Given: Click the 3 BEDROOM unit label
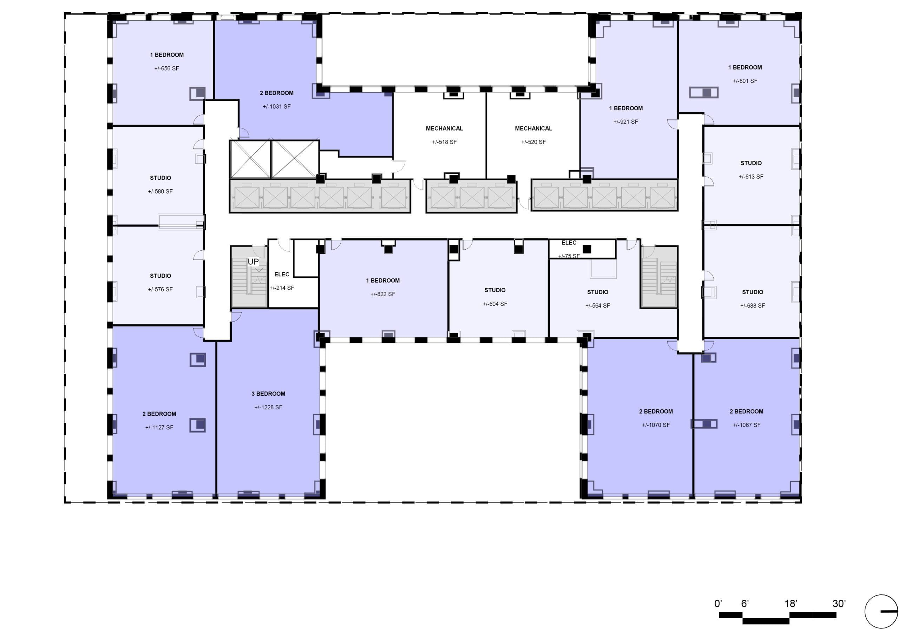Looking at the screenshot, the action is click(x=268, y=394).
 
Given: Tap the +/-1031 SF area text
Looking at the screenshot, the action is click(x=276, y=106).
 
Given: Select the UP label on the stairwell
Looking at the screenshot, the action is click(x=253, y=261).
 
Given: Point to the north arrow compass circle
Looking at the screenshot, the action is click(x=881, y=611).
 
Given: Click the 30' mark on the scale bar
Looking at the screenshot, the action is click(x=839, y=604).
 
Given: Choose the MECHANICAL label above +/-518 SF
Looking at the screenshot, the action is click(x=445, y=129).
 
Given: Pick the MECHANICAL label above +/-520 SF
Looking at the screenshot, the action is click(x=533, y=129).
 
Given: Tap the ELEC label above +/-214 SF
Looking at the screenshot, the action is click(x=282, y=275).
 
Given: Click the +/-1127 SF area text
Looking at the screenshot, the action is click(x=159, y=428).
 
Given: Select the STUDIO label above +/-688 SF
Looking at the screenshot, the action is click(x=752, y=292).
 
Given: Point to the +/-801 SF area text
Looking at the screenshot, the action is click(x=745, y=81).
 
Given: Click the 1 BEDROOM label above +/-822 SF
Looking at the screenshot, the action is click(x=382, y=281).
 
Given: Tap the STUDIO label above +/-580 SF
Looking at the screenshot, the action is click(x=160, y=178).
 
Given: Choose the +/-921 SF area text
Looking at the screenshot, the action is click(x=625, y=122).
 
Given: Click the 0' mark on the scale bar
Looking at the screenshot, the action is click(x=718, y=604).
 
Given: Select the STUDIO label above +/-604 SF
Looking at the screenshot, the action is click(x=494, y=290).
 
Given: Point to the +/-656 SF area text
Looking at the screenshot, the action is click(x=166, y=68).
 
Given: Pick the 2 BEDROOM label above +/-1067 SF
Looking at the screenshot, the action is click(x=746, y=412).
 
